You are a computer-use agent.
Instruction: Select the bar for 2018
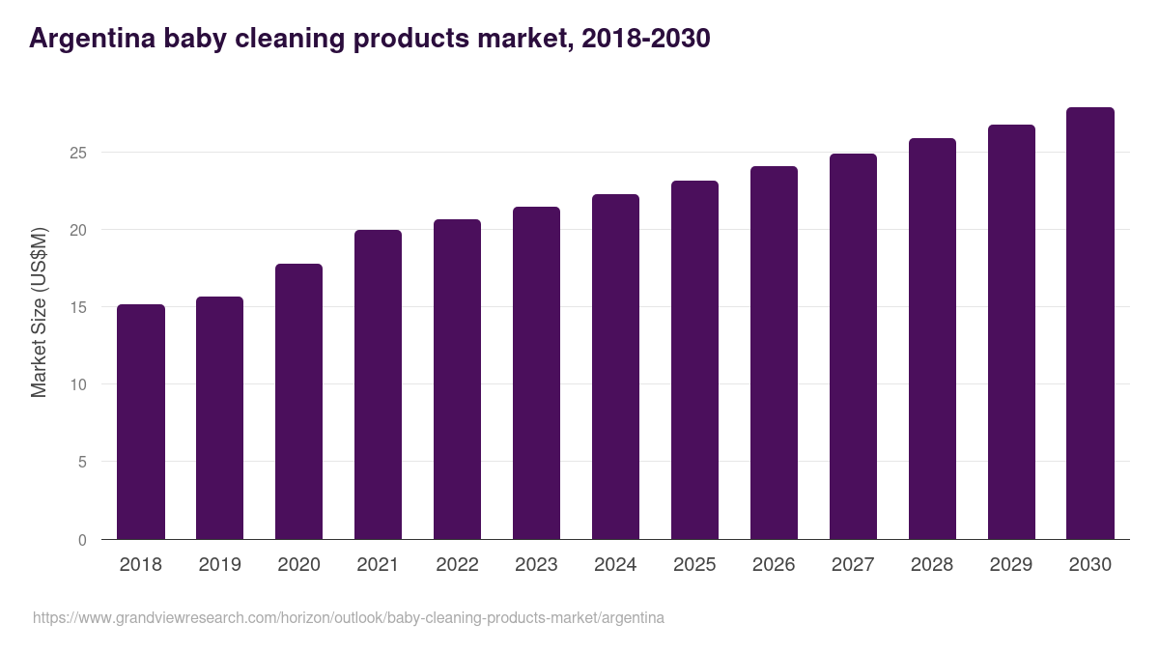[141, 422]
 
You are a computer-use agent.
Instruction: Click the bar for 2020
[298, 402]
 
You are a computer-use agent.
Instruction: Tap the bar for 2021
[378, 384]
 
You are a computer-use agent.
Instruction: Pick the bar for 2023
[536, 373]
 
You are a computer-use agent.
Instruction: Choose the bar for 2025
[694, 360]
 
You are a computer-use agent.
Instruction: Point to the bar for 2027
[853, 347]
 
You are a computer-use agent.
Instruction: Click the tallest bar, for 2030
[1090, 324]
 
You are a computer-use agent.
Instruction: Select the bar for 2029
[1011, 332]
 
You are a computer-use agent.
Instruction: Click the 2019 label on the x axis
[219, 565]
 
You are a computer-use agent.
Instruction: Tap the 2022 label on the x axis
[457, 565]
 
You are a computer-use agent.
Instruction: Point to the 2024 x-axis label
[615, 565]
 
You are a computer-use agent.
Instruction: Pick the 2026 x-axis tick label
[774, 565]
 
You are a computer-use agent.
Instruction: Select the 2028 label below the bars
[932, 565]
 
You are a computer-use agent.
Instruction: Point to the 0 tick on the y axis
[83, 540]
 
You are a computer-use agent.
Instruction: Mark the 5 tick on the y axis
[83, 463]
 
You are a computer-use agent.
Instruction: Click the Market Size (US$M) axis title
[39, 312]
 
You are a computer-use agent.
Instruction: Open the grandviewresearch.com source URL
[349, 617]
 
